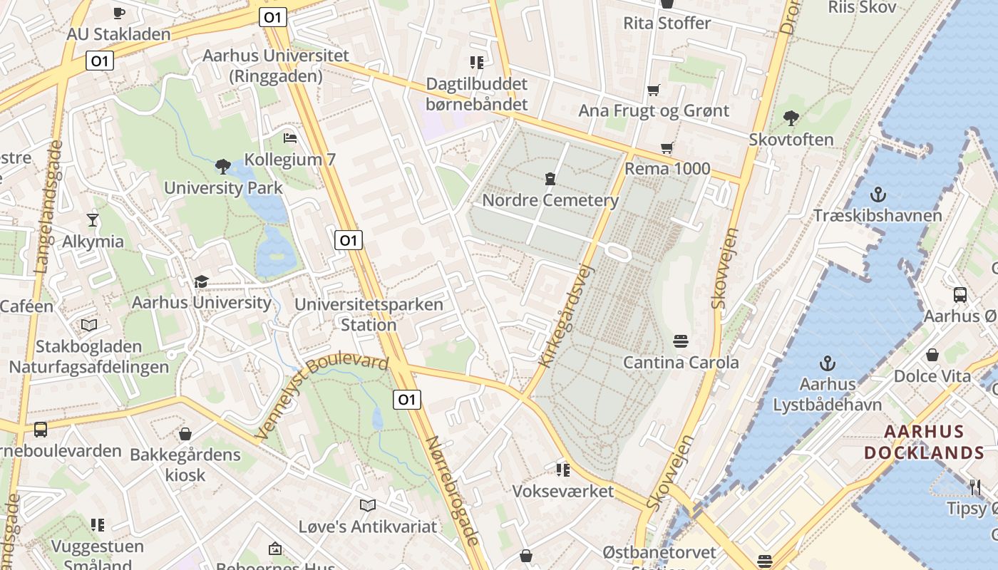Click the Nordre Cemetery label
(x=550, y=200)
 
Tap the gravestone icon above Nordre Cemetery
(x=550, y=178)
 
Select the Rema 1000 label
(x=667, y=169)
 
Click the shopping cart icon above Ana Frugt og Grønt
(x=654, y=90)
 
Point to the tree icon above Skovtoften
(x=791, y=118)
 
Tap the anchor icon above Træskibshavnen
(x=878, y=194)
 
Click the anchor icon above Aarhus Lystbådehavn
(x=828, y=363)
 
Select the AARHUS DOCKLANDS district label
(x=924, y=442)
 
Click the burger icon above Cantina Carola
(x=681, y=341)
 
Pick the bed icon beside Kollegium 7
(x=289, y=138)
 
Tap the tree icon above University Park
(x=223, y=167)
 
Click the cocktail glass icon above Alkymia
(x=93, y=219)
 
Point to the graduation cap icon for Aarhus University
(x=201, y=281)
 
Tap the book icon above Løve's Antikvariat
(x=368, y=505)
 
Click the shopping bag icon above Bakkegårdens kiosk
(x=185, y=433)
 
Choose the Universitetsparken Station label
(x=369, y=314)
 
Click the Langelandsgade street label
(x=48, y=207)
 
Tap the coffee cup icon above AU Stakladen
(x=119, y=13)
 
